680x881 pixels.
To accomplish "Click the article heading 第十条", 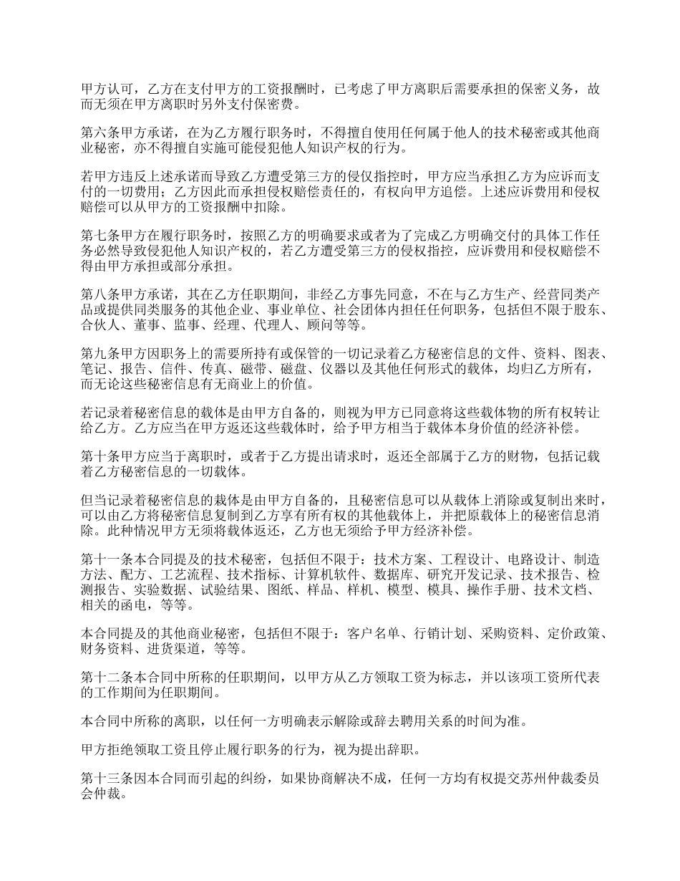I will point(97,456).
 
